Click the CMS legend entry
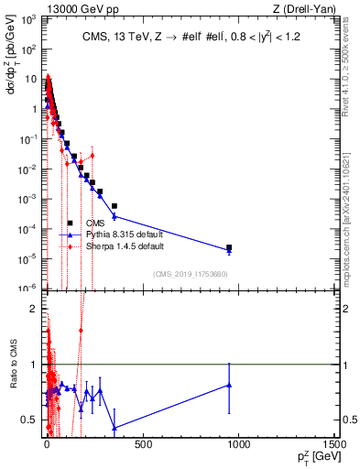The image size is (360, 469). pos(95,223)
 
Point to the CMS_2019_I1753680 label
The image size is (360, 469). pos(191,274)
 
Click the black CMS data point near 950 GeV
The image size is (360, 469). pos(229,248)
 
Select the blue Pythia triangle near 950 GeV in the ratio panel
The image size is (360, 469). pos(229,385)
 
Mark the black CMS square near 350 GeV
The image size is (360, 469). pos(114,207)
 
